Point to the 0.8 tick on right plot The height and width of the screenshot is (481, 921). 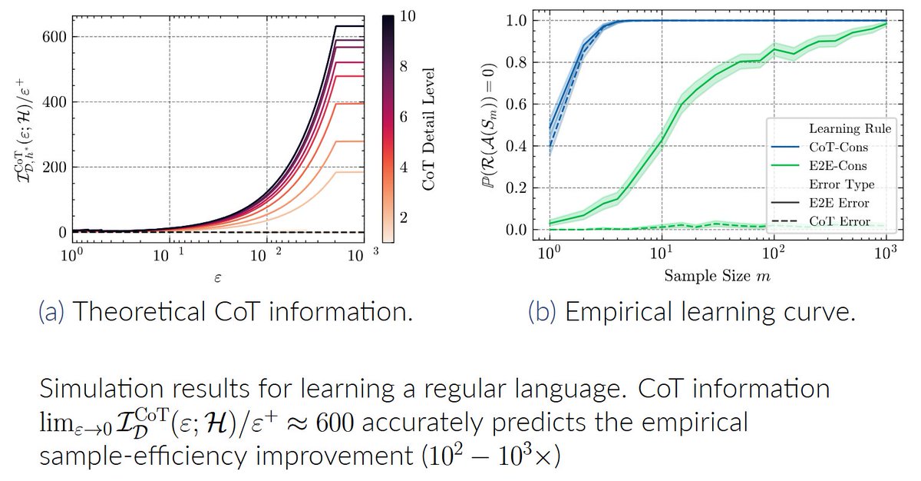[524, 62]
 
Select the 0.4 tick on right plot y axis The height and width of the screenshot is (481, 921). [524, 146]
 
